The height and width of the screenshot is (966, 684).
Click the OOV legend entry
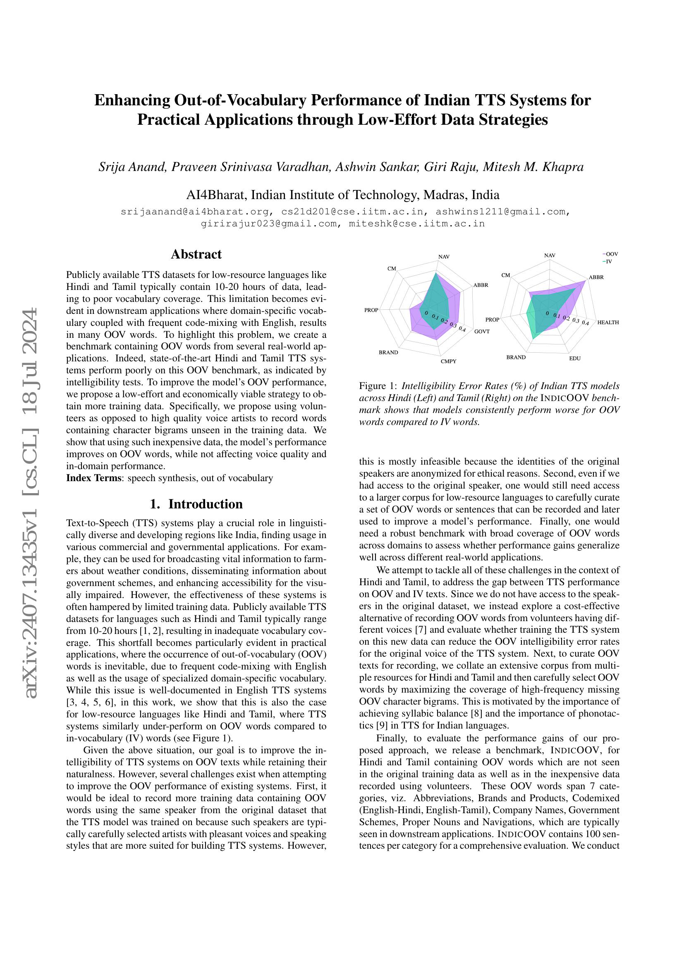[611, 254]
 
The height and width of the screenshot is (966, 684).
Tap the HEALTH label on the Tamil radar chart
[608, 322]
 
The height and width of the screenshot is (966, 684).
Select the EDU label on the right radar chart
[574, 358]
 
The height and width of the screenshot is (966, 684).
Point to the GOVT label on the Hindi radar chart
[482, 331]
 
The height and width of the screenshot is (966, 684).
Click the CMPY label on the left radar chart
[449, 361]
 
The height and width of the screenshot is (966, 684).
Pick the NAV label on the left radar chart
[444, 256]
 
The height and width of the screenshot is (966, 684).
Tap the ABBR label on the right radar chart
[596, 277]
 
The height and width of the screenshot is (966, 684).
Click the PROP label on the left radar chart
[371, 310]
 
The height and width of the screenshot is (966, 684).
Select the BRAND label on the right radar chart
[516, 357]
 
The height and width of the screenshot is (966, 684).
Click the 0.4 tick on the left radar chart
[462, 329]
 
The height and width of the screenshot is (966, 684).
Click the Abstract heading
[196, 254]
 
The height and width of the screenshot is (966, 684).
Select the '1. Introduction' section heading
[196, 504]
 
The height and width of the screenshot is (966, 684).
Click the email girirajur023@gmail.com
[269, 224]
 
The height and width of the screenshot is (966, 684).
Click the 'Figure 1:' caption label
[378, 386]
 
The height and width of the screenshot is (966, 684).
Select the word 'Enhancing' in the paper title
[132, 100]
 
